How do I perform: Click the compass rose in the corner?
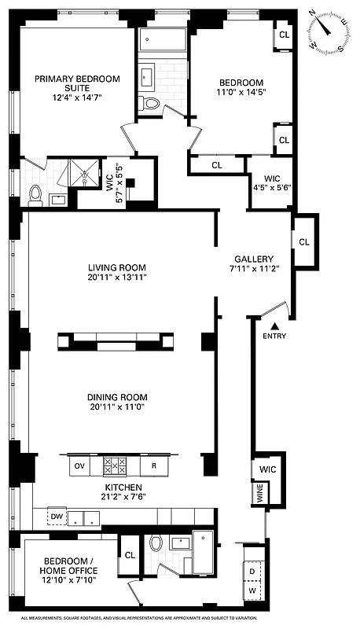(x=328, y=33)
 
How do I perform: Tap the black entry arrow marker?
(x=274, y=326)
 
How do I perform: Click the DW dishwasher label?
(x=57, y=517)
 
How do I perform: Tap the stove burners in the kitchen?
(x=116, y=466)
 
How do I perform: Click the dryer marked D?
(x=252, y=572)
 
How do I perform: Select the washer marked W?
(x=252, y=590)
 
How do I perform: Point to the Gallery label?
(x=254, y=259)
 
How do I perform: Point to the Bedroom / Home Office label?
(x=72, y=566)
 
